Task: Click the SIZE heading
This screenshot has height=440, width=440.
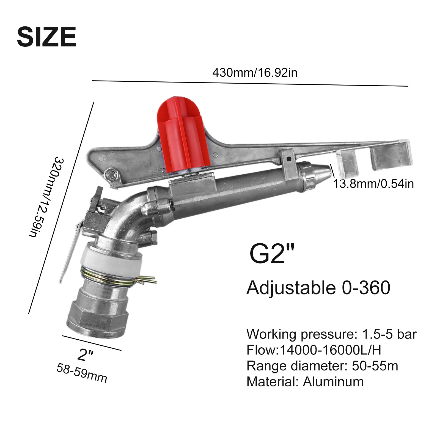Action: pos(46,37)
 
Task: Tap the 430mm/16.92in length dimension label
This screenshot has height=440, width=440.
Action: pos(255,73)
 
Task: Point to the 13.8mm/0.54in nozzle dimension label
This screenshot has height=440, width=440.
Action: pos(373,184)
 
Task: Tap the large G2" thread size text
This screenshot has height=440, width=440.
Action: pos(271,254)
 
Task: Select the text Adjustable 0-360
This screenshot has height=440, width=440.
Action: pos(318,288)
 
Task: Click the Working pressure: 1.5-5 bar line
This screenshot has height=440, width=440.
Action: pos(331,334)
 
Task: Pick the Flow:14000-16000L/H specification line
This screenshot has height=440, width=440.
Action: pos(314,350)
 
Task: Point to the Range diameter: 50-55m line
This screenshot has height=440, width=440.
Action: pos(322,366)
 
